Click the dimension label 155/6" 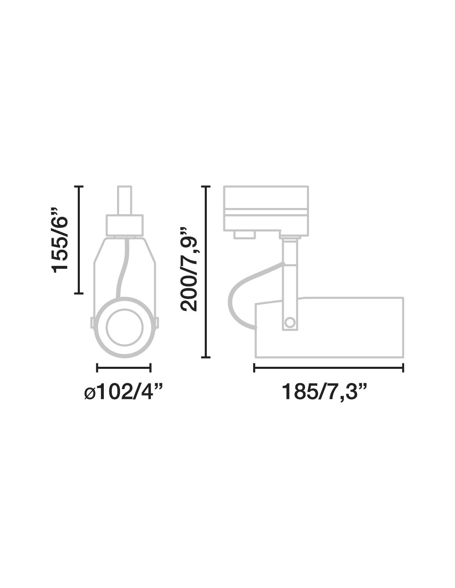(x=59, y=240)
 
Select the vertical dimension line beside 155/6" (x=79, y=240)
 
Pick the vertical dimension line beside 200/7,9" (x=206, y=272)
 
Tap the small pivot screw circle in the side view (x=290, y=323)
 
